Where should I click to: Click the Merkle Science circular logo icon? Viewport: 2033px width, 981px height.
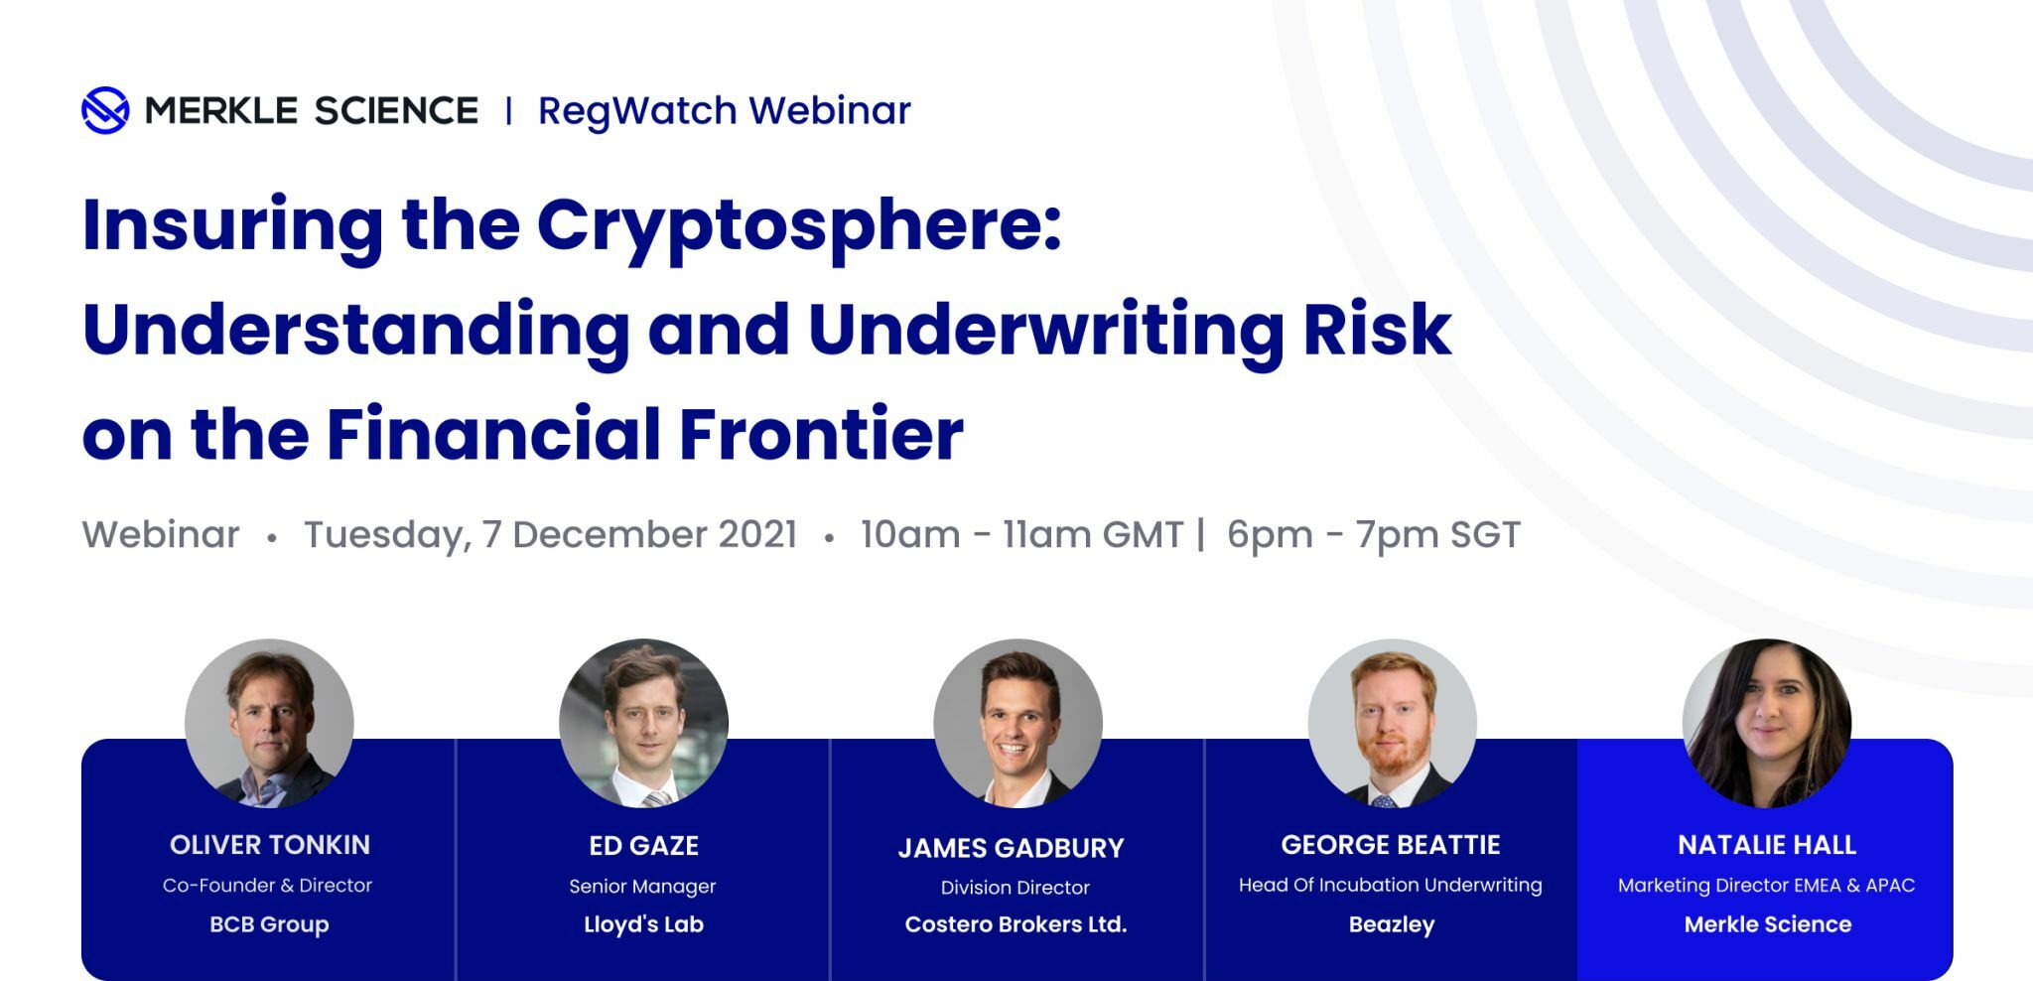pyautogui.click(x=105, y=110)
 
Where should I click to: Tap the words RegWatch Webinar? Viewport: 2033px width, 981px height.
pyautogui.click(x=725, y=111)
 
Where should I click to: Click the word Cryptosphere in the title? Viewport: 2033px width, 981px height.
pyautogui.click(x=799, y=227)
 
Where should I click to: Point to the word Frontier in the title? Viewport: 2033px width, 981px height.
pyautogui.click(x=821, y=435)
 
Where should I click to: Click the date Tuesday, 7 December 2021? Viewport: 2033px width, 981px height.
pyautogui.click(x=551, y=535)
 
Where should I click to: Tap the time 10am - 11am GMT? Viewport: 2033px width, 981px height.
pyautogui.click(x=1022, y=535)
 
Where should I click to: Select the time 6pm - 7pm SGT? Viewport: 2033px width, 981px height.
pyautogui.click(x=1374, y=535)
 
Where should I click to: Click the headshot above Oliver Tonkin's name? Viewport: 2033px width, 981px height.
pyautogui.click(x=269, y=723)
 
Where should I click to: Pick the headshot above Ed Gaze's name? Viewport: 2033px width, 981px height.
pyautogui.click(x=643, y=723)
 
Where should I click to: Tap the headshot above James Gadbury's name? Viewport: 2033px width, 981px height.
pyautogui.click(x=1017, y=723)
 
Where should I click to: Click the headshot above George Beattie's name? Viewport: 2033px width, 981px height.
pyautogui.click(x=1392, y=723)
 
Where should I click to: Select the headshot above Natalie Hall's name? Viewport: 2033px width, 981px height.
pyautogui.click(x=1767, y=723)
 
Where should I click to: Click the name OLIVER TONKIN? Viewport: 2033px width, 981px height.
pyautogui.click(x=270, y=845)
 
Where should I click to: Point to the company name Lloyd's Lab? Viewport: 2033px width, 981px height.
pyautogui.click(x=643, y=924)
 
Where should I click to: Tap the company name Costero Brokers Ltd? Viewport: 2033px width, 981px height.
pyautogui.click(x=1016, y=924)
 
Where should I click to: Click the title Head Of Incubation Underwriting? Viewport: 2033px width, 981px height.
pyautogui.click(x=1391, y=885)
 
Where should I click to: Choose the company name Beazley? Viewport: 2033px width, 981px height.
pyautogui.click(x=1392, y=925)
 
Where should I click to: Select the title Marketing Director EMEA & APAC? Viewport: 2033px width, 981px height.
pyautogui.click(x=1767, y=885)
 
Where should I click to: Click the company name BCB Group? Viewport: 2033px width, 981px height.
pyautogui.click(x=269, y=924)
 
